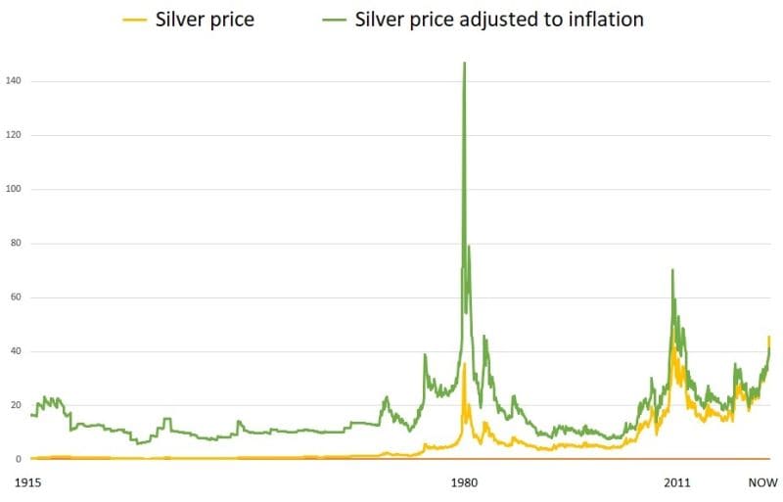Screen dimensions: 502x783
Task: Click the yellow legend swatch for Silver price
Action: pyautogui.click(x=136, y=20)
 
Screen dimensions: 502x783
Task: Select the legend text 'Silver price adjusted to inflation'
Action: pyautogui.click(x=500, y=20)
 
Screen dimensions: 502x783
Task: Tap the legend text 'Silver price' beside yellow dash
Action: pyautogui.click(x=206, y=20)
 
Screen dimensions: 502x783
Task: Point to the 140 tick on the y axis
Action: pyautogui.click(x=13, y=80)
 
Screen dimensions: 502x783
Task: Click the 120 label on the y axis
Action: pyautogui.click(x=13, y=135)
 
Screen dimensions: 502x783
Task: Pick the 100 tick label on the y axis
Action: pyautogui.click(x=13, y=189)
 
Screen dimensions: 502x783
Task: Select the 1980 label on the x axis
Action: pyautogui.click(x=464, y=483)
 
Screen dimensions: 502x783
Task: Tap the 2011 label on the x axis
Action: pyautogui.click(x=675, y=483)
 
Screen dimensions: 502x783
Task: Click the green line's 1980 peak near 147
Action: pyautogui.click(x=464, y=64)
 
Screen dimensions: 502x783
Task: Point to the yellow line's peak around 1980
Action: pyautogui.click(x=465, y=363)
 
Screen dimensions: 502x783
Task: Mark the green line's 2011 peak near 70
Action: pyautogui.click(x=672, y=270)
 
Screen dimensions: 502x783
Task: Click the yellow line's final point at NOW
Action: pyautogui.click(x=768, y=337)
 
